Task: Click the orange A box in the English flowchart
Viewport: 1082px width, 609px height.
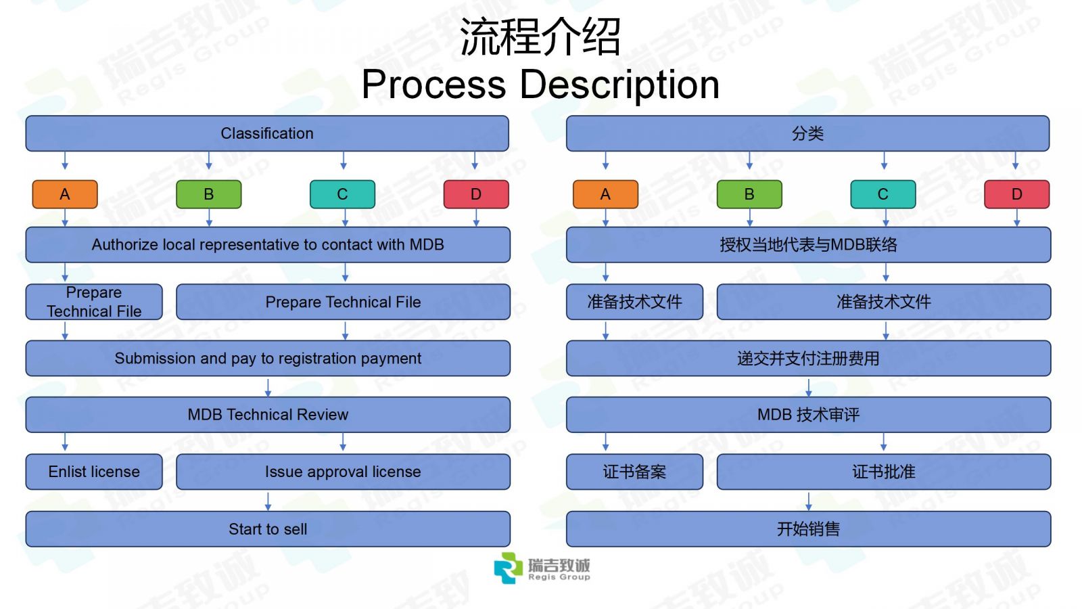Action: (x=65, y=194)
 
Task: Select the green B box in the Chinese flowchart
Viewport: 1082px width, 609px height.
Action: (x=749, y=194)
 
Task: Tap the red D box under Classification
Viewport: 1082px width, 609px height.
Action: (x=476, y=194)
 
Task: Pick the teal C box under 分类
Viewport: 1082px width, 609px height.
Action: (x=883, y=194)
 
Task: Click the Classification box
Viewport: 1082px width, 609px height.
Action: (x=267, y=133)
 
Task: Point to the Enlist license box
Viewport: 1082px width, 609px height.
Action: (x=94, y=472)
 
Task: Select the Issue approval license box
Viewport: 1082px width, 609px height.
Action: (x=343, y=472)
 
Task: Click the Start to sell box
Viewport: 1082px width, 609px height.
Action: (x=268, y=528)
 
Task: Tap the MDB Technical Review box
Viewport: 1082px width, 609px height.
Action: (x=268, y=415)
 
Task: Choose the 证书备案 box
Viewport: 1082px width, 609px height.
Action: (x=635, y=472)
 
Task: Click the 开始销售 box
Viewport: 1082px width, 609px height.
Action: (x=809, y=528)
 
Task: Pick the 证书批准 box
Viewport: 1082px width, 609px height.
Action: (x=884, y=472)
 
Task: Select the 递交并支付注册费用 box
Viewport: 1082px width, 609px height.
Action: (x=809, y=358)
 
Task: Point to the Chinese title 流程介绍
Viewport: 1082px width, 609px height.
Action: (x=540, y=37)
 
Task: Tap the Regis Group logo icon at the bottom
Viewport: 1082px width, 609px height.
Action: (x=508, y=568)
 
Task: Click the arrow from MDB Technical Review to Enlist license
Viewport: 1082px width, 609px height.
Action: (x=65, y=443)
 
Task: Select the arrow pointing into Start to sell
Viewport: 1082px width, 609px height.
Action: (x=268, y=501)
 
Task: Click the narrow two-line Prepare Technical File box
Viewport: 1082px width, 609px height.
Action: (x=94, y=302)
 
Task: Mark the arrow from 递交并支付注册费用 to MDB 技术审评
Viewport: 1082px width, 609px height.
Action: (x=809, y=387)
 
